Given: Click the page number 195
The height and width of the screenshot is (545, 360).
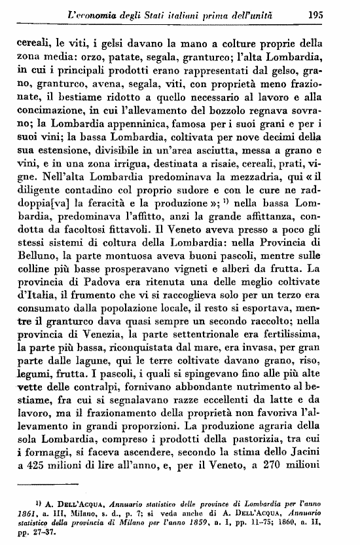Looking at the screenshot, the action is (x=334, y=14).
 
